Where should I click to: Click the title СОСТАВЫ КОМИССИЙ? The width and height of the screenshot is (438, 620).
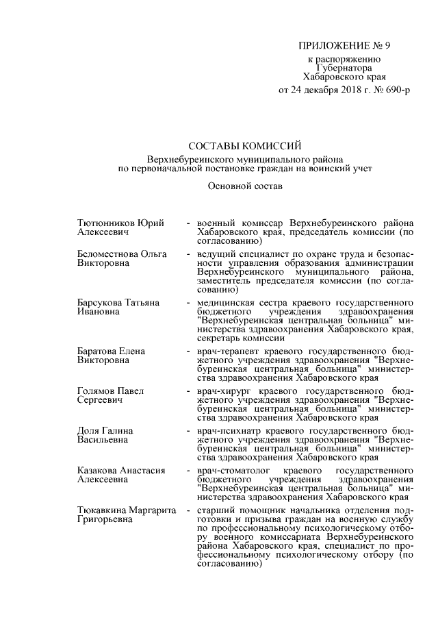click(244, 145)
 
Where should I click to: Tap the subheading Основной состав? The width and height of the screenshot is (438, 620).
click(244, 186)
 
